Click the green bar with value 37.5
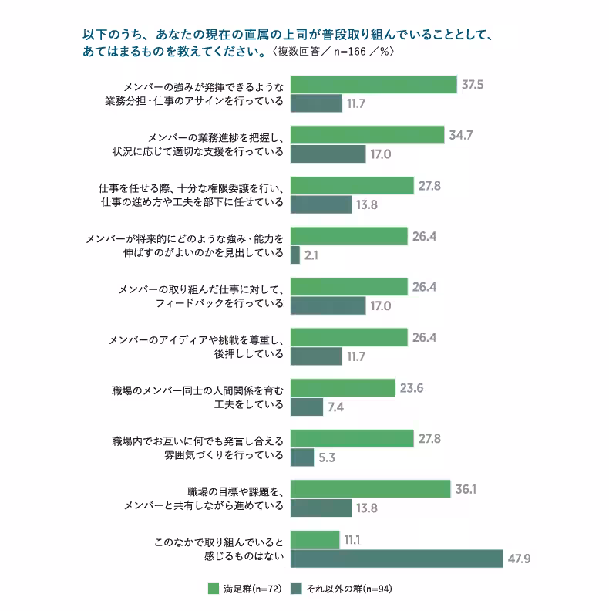point(375,84)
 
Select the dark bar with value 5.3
point(304,457)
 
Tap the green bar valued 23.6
point(344,388)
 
